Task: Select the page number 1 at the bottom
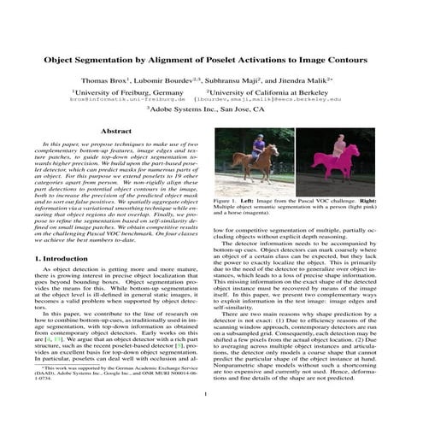pos(211,393)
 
